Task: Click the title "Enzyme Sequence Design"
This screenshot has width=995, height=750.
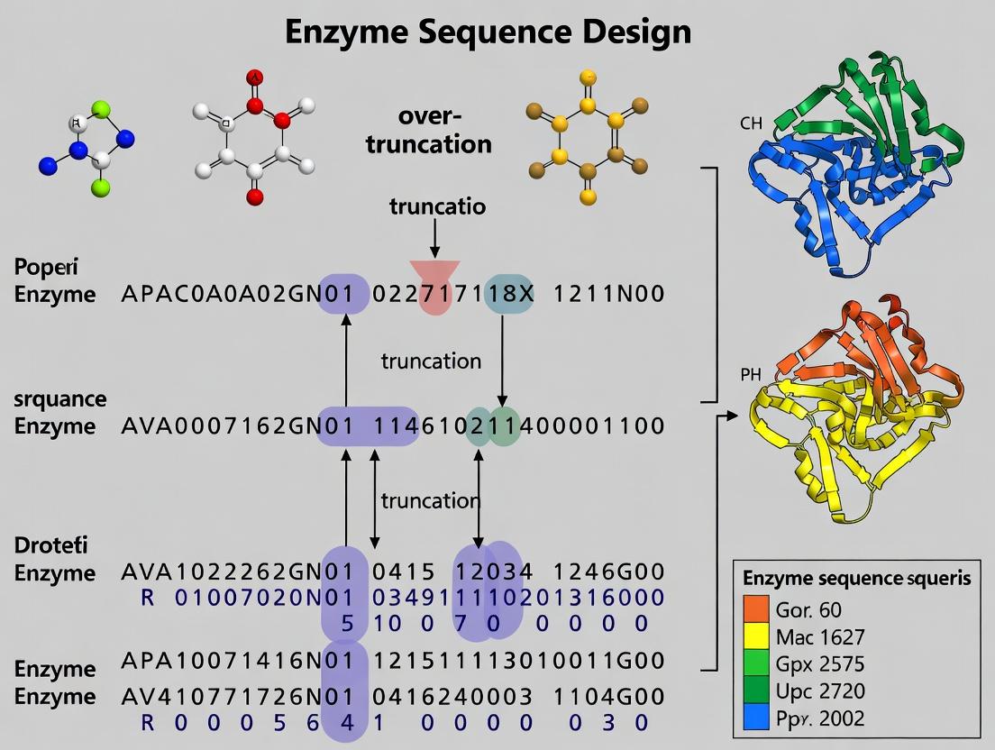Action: pyautogui.click(x=488, y=32)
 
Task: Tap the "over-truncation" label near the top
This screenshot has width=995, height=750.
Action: pyautogui.click(x=429, y=131)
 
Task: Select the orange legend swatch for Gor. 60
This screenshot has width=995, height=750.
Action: pyautogui.click(x=755, y=608)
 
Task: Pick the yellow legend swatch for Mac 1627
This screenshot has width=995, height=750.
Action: pyautogui.click(x=755, y=636)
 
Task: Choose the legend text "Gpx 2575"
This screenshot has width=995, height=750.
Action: pyautogui.click(x=819, y=664)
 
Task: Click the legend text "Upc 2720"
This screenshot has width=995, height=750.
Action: pyautogui.click(x=819, y=691)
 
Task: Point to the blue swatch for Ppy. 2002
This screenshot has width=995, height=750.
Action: pyautogui.click(x=755, y=718)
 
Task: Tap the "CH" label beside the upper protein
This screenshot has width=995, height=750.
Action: pyautogui.click(x=751, y=123)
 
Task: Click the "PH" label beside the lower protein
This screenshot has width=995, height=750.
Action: pyautogui.click(x=751, y=374)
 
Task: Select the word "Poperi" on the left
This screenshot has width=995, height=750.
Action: pyautogui.click(x=46, y=268)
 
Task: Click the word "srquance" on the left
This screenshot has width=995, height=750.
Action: pyautogui.click(x=59, y=398)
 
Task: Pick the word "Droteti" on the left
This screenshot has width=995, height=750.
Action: pyautogui.click(x=50, y=545)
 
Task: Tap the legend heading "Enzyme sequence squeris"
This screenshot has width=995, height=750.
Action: pyautogui.click(x=855, y=578)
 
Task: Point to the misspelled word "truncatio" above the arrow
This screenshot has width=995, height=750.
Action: pyautogui.click(x=437, y=206)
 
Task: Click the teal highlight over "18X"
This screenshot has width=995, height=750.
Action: pyautogui.click(x=509, y=294)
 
